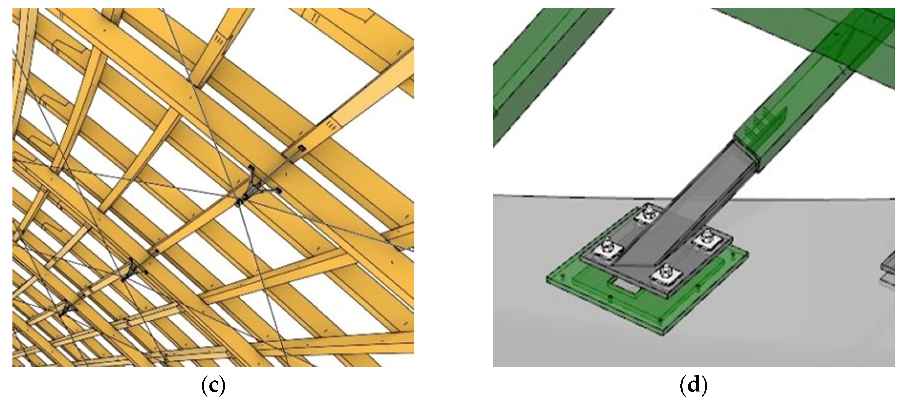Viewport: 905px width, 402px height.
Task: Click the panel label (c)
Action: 213,386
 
